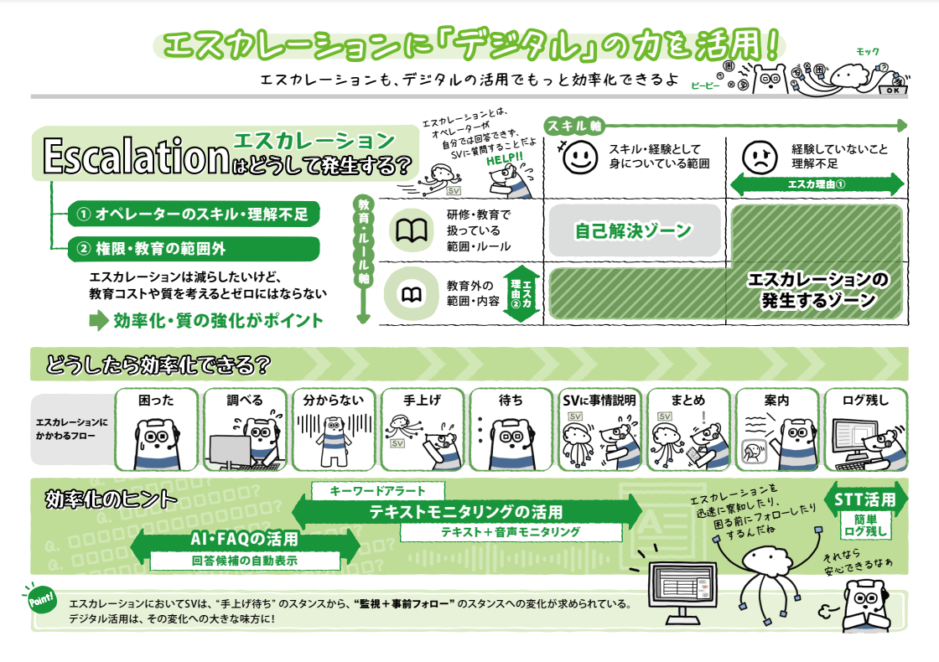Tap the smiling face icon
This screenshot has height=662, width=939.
click(578, 158)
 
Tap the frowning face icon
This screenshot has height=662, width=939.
click(759, 158)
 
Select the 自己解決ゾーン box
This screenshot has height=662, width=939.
click(633, 230)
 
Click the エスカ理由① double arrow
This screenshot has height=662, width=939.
click(817, 184)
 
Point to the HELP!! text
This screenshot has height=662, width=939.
click(504, 157)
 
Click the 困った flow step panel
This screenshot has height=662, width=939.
click(156, 429)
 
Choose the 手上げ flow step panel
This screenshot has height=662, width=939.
click(423, 429)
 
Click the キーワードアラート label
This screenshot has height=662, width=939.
click(378, 491)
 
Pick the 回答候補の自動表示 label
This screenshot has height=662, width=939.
click(245, 561)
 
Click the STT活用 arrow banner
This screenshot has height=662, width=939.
click(866, 500)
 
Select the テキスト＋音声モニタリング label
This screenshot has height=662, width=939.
click(511, 531)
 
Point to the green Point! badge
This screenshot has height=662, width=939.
click(41, 600)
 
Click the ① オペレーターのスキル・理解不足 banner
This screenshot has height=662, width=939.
click(192, 215)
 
